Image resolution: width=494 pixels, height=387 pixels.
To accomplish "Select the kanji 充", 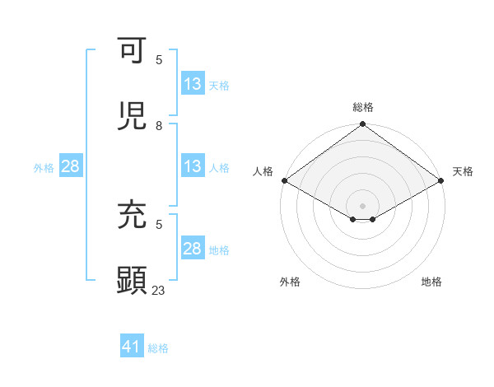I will [x=132, y=214].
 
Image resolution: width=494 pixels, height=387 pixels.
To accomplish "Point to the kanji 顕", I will [x=132, y=279].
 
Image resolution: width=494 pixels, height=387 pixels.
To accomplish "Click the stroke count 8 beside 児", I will [x=159, y=126].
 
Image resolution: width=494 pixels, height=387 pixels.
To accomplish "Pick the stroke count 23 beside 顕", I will [x=159, y=291].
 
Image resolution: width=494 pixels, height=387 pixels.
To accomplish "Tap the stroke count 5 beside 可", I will [x=159, y=60].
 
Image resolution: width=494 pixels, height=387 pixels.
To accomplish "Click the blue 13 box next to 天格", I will [x=193, y=84].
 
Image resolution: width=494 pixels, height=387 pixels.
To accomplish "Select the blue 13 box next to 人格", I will [x=193, y=166].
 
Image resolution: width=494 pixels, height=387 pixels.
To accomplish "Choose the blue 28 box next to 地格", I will [x=193, y=249].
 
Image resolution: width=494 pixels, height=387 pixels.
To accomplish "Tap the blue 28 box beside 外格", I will [x=71, y=166].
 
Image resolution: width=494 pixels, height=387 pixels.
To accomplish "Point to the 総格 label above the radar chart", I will [x=363, y=107].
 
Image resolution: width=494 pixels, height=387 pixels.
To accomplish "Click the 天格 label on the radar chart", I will [x=463, y=171].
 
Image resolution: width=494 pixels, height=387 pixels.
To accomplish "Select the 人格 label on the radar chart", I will [x=263, y=171].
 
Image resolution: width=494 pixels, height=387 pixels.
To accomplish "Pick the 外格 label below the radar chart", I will [x=290, y=282].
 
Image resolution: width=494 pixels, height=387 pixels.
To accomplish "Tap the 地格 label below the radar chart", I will [x=431, y=282].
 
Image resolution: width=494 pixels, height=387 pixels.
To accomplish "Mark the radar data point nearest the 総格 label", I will [x=363, y=125].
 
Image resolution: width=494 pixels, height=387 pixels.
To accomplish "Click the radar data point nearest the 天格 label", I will [x=442, y=180].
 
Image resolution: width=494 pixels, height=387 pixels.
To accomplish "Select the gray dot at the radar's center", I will [x=363, y=205].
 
